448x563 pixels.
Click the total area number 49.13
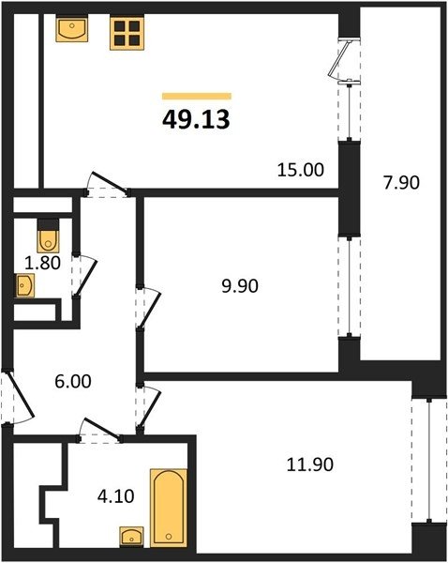coord(196,119)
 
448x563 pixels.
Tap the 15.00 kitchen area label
coord(301,170)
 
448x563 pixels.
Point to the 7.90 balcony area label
coord(401,182)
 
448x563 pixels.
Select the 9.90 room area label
coord(240,286)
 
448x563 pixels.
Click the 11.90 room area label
coord(310,464)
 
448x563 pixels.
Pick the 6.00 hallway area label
coord(73,381)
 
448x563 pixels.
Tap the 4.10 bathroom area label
coord(116,496)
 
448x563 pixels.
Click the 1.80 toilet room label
coord(42,263)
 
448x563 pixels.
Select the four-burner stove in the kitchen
coord(127,33)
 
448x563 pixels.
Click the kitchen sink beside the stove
coord(72,30)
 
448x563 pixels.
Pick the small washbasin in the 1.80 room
coord(24,285)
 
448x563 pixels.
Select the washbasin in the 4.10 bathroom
coord(131,537)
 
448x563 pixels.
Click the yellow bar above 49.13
coord(197,96)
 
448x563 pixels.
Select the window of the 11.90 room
coord(429,461)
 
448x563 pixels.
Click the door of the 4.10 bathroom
coord(99,430)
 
